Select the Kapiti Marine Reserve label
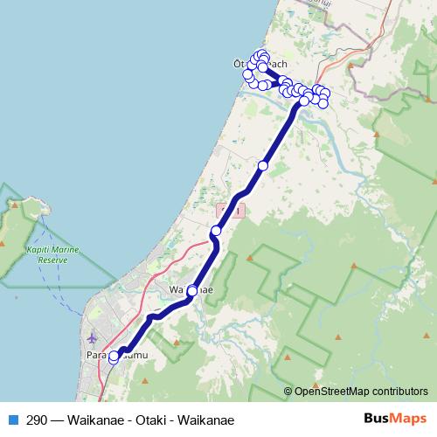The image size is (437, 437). [x=52, y=254]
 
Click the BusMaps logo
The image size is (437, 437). [x=395, y=420]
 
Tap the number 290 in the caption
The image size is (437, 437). [x=38, y=420]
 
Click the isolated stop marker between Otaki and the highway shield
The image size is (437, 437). [x=263, y=165]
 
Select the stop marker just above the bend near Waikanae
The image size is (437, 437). [x=216, y=231]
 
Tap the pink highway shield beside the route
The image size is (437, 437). [x=231, y=211]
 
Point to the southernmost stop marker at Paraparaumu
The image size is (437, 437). [x=114, y=358]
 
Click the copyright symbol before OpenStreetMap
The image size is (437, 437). [x=288, y=392]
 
